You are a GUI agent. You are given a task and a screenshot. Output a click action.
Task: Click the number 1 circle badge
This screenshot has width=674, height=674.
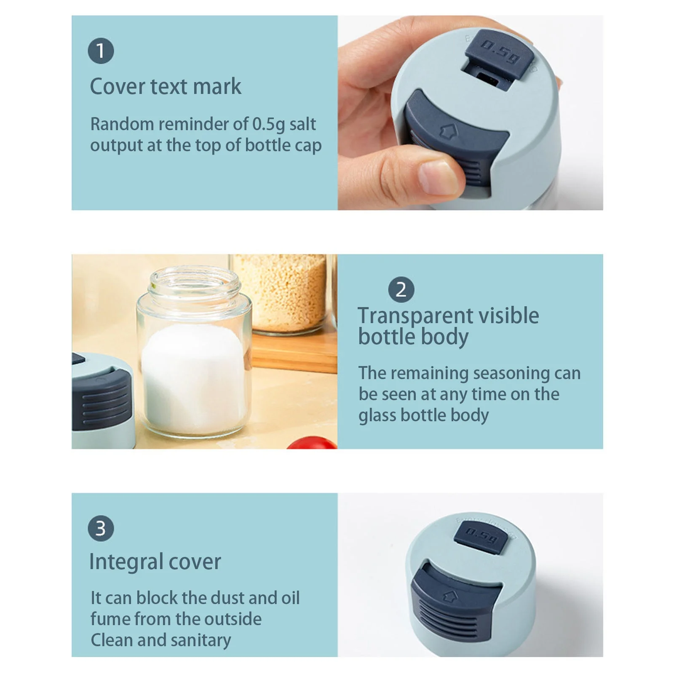click(101, 51)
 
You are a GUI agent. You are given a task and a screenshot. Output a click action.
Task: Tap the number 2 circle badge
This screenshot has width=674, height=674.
click(401, 290)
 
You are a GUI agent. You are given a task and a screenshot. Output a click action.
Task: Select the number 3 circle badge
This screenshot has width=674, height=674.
click(101, 528)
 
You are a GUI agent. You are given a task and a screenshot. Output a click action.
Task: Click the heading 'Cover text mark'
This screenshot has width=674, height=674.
click(166, 87)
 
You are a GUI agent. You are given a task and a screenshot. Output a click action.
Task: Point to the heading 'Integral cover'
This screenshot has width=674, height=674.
click(155, 562)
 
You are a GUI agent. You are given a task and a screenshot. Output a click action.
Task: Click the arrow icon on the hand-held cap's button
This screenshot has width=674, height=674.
click(448, 131)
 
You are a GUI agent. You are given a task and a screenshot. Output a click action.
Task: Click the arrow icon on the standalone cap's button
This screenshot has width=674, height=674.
click(450, 596)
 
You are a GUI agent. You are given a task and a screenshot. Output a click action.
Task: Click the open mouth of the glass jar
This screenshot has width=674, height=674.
click(194, 278)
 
